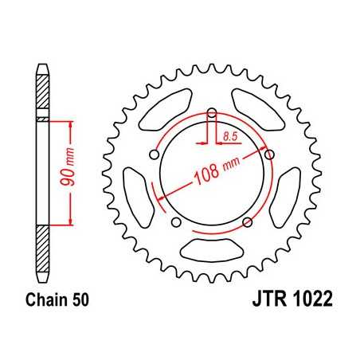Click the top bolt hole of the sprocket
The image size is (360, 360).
coord(213,112)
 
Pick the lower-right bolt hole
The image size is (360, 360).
coord(248,221)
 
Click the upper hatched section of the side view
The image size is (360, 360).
coord(42,96)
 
